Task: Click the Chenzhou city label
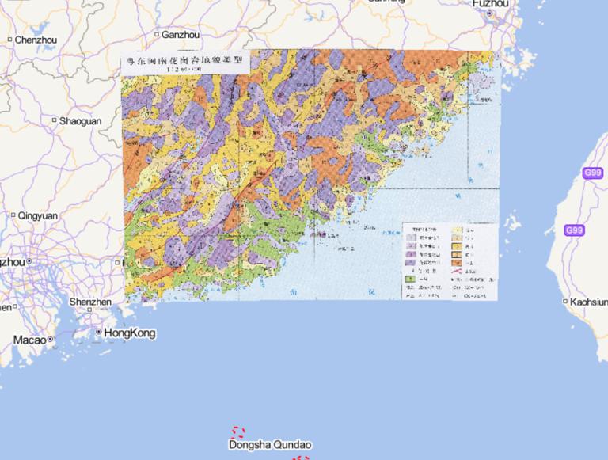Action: pyautogui.click(x=36, y=40)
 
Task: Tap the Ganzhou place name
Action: pyautogui.click(x=180, y=35)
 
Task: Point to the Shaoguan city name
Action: pyautogui.click(x=80, y=121)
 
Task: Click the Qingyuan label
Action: pyautogui.click(x=38, y=215)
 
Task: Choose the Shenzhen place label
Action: pyautogui.click(x=90, y=302)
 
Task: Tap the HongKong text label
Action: pyautogui.click(x=130, y=333)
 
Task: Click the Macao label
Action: pyautogui.click(x=29, y=340)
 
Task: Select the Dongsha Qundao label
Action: pyautogui.click(x=270, y=445)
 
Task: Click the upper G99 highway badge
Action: pyautogui.click(x=593, y=173)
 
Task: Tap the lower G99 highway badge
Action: pyautogui.click(x=575, y=230)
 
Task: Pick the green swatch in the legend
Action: pyautogui.click(x=410, y=279)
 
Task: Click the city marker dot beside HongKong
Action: pyautogui.click(x=98, y=333)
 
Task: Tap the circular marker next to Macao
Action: pyautogui.click(x=51, y=339)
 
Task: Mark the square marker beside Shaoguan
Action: pyautogui.click(x=55, y=120)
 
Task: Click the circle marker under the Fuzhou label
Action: pyautogui.click(x=490, y=13)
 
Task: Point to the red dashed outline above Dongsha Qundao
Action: pyautogui.click(x=238, y=432)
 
